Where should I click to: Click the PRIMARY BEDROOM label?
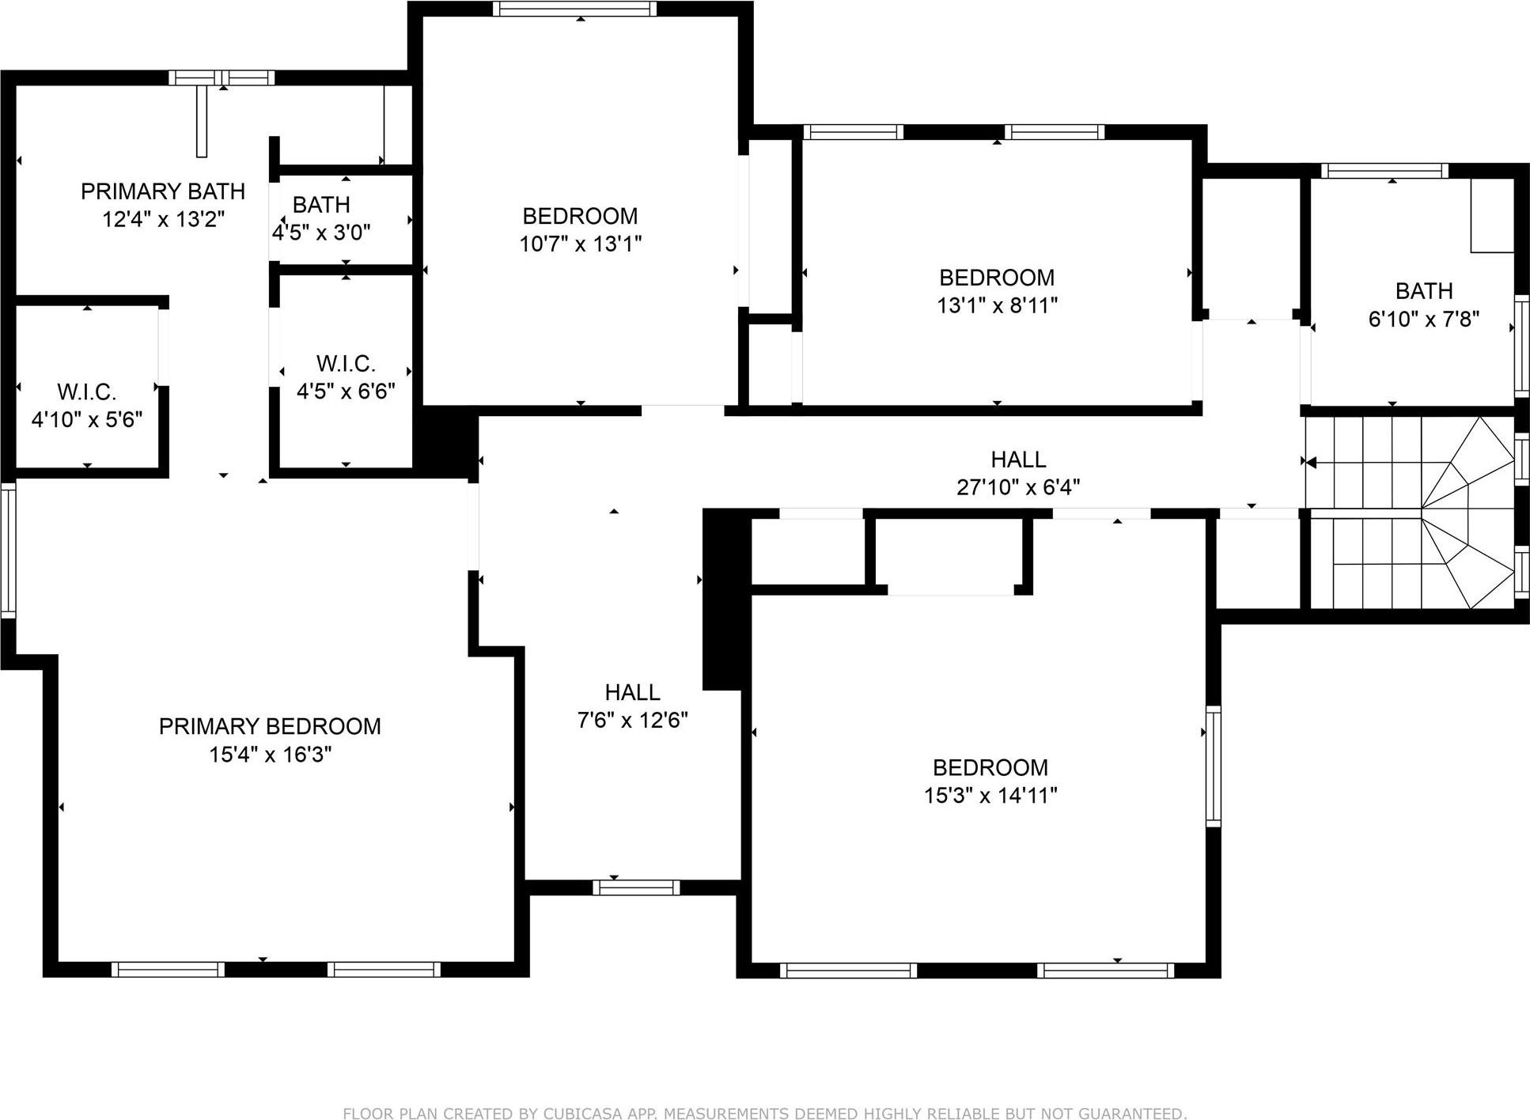[270, 726]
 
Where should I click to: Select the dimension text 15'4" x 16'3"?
[270, 755]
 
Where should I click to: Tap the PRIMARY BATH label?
[163, 191]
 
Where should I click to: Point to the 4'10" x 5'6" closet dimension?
[87, 419]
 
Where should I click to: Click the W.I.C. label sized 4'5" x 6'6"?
[346, 364]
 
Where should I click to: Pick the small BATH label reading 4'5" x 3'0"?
[321, 205]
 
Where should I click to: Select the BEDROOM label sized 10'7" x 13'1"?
[580, 216]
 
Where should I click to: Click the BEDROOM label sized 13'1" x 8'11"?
[996, 278]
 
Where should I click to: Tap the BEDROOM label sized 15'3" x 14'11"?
[990, 767]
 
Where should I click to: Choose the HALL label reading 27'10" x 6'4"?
[1018, 460]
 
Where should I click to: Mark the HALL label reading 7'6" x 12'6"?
[632, 693]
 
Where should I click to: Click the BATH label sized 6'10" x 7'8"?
[1423, 291]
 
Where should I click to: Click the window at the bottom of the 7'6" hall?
[636, 887]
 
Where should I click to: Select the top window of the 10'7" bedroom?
[575, 9]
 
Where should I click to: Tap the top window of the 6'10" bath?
[1384, 171]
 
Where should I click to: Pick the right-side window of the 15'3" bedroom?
[1213, 766]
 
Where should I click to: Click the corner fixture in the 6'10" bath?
[1492, 216]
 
